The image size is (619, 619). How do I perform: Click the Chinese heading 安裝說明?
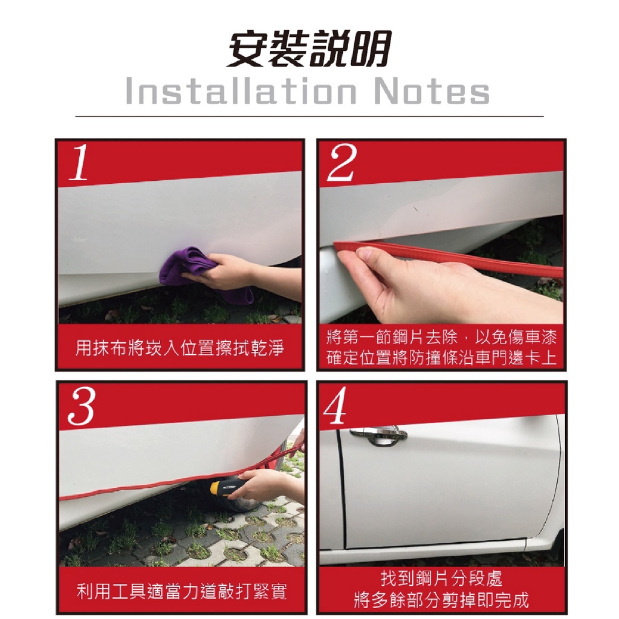pyautogui.click(x=309, y=48)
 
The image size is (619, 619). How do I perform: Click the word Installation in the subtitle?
pyautogui.click(x=241, y=91)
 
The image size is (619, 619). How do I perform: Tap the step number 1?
pyautogui.click(x=79, y=162)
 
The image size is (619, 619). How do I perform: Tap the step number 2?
pyautogui.click(x=342, y=162)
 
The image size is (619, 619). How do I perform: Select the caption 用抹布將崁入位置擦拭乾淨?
pyautogui.click(x=180, y=348)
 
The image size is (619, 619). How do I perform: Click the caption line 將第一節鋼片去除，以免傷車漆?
pyautogui.click(x=441, y=337)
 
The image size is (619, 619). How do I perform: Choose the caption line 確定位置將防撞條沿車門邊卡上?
pyautogui.click(x=441, y=358)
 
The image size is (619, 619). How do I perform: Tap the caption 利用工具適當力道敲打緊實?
pyautogui.click(x=181, y=592)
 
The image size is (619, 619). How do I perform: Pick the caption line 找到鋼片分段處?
pyautogui.click(x=441, y=578)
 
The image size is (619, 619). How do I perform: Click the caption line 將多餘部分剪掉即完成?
pyautogui.click(x=441, y=600)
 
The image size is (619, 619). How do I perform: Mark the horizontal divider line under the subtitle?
pyautogui.click(x=309, y=117)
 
